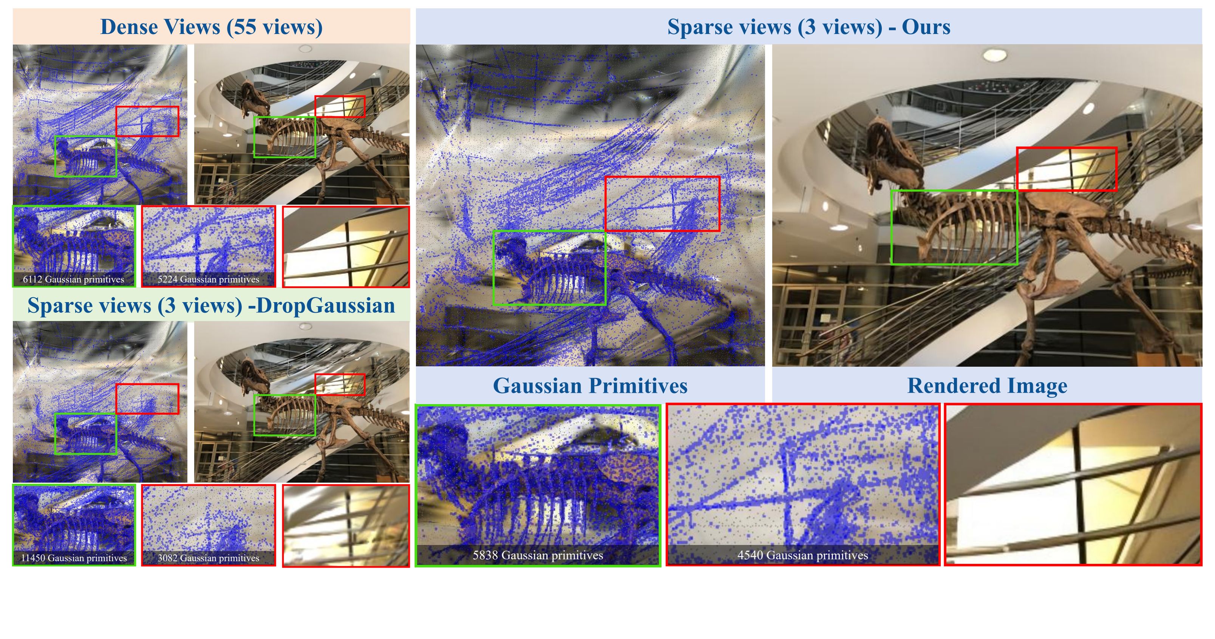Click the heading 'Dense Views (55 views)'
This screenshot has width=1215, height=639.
(x=211, y=27)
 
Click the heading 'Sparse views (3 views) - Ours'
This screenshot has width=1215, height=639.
(x=808, y=27)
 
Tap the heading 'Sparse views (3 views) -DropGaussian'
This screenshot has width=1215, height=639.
(x=211, y=306)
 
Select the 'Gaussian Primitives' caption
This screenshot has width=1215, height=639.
(x=590, y=386)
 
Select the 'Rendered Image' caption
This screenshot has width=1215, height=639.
(x=987, y=386)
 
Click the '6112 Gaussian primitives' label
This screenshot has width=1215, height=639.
(x=74, y=279)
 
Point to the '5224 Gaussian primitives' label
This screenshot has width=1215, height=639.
(x=208, y=279)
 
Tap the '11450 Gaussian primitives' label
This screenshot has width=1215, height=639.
(x=74, y=558)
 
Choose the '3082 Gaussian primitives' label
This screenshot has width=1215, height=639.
(x=208, y=558)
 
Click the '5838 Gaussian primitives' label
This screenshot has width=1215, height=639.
(x=538, y=555)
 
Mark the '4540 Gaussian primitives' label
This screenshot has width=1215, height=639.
(x=802, y=555)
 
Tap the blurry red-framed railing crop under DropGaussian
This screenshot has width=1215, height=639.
(x=346, y=525)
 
